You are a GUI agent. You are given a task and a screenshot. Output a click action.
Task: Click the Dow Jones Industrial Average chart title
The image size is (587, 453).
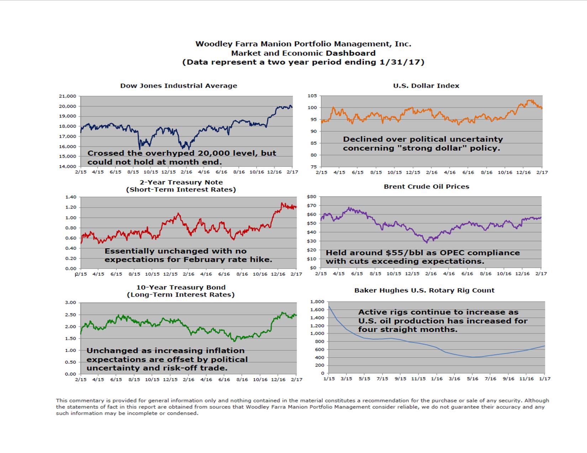tap(179, 86)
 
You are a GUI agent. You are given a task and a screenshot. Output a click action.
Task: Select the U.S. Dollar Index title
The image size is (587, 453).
tap(426, 86)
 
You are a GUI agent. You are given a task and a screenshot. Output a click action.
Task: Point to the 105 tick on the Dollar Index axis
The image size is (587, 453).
tap(312, 96)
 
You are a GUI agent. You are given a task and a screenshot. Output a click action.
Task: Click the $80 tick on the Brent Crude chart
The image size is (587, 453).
tap(311, 196)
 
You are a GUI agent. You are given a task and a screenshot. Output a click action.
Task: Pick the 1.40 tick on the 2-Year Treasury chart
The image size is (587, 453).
tap(71, 197)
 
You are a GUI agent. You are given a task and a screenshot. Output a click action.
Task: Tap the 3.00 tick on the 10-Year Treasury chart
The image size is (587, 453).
tap(71, 303)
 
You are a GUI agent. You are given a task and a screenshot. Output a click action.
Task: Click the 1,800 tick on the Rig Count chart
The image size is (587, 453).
tap(317, 302)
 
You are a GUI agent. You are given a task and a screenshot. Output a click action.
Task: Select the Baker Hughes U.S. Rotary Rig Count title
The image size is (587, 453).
tap(424, 290)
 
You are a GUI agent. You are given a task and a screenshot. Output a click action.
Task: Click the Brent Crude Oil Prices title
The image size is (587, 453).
tap(426, 187)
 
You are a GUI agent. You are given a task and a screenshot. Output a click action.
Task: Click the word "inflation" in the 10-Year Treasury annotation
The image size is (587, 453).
tap(222, 351)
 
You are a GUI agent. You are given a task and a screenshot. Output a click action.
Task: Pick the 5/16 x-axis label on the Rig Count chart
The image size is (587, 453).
tap(472, 379)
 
